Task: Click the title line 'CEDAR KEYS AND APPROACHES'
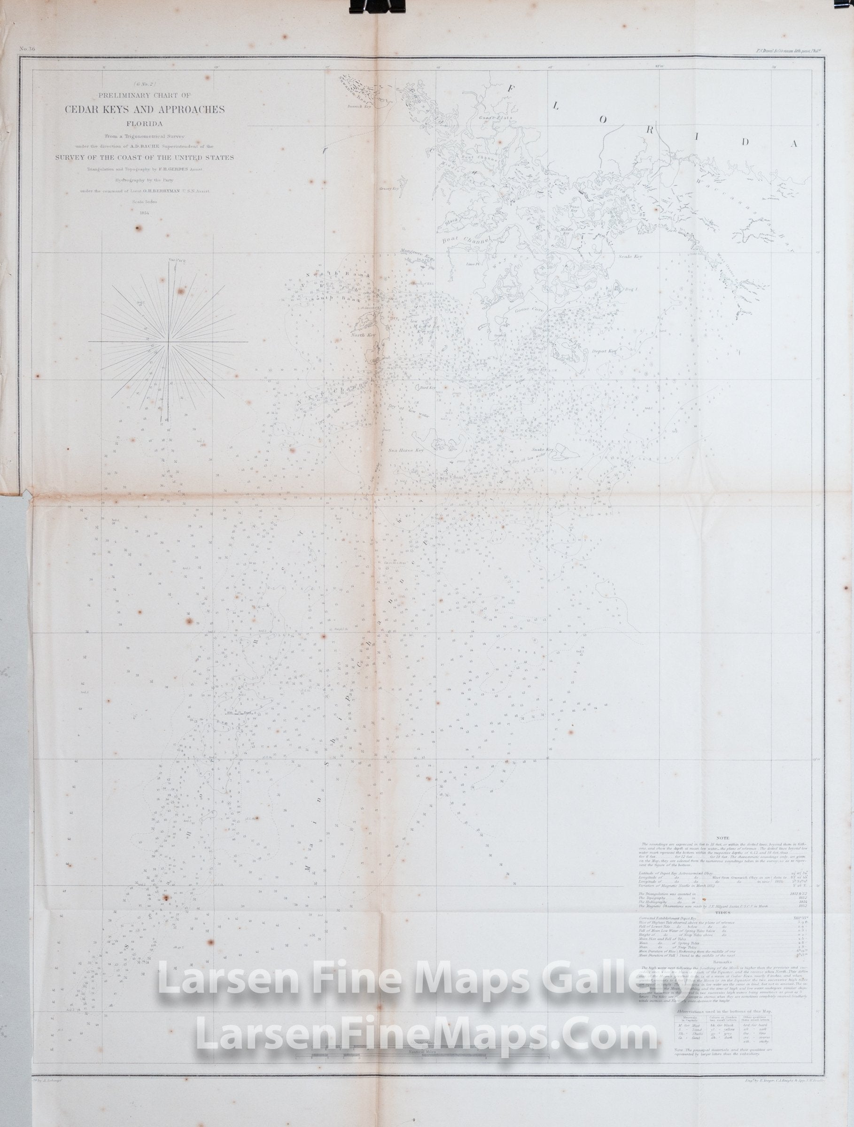click(144, 109)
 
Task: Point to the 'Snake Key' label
click(542, 450)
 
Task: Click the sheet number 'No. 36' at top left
click(27, 49)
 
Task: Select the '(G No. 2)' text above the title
click(145, 85)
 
